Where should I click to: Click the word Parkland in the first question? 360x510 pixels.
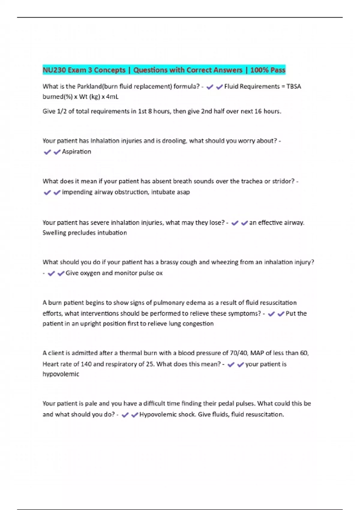[x=89, y=86]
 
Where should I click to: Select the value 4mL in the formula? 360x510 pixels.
[x=112, y=97]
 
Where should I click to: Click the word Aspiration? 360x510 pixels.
[x=76, y=152]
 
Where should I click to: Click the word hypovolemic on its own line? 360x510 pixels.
[x=61, y=374]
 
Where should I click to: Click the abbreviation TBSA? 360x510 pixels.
[x=294, y=86]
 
